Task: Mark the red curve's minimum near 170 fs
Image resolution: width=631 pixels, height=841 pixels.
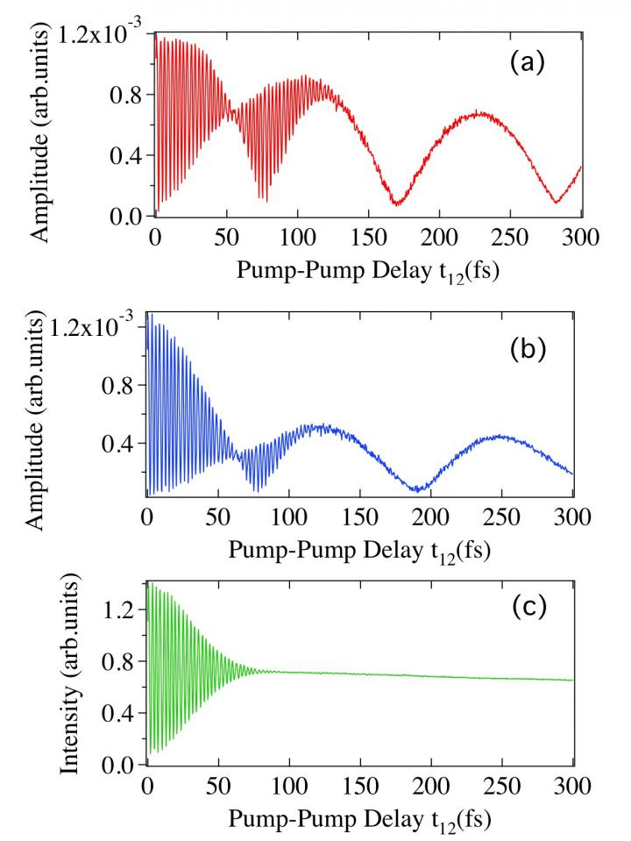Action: pos(396,203)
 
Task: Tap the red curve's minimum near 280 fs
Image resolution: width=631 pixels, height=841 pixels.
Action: pos(556,203)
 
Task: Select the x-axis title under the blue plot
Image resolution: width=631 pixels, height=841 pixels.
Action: pos(359,552)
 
